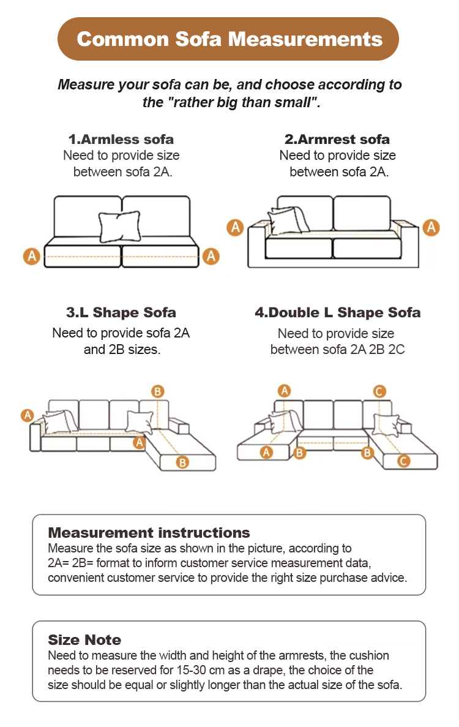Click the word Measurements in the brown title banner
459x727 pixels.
pos(305,39)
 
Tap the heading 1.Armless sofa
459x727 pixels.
pos(121,139)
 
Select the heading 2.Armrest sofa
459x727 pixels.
pos(337,139)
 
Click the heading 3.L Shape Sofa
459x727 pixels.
pos(121,312)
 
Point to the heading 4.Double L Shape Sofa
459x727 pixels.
pos(338,312)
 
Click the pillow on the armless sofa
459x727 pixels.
pos(119,226)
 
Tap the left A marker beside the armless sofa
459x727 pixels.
pos(32,256)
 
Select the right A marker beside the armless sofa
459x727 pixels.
pos(211,256)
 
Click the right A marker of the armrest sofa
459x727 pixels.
pos(431,227)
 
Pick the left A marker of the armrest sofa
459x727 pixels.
pos(235,227)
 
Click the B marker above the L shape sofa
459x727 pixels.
pos(157,391)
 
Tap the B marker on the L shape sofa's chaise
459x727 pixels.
pos(182,462)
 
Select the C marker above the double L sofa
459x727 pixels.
pos(379,391)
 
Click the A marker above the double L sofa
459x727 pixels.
pos(285,391)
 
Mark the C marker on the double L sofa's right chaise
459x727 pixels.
pos(403,461)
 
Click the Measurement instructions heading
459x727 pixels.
pos(149,532)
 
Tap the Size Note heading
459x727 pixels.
pos(84,640)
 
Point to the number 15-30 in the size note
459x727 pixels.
pos(192,670)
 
